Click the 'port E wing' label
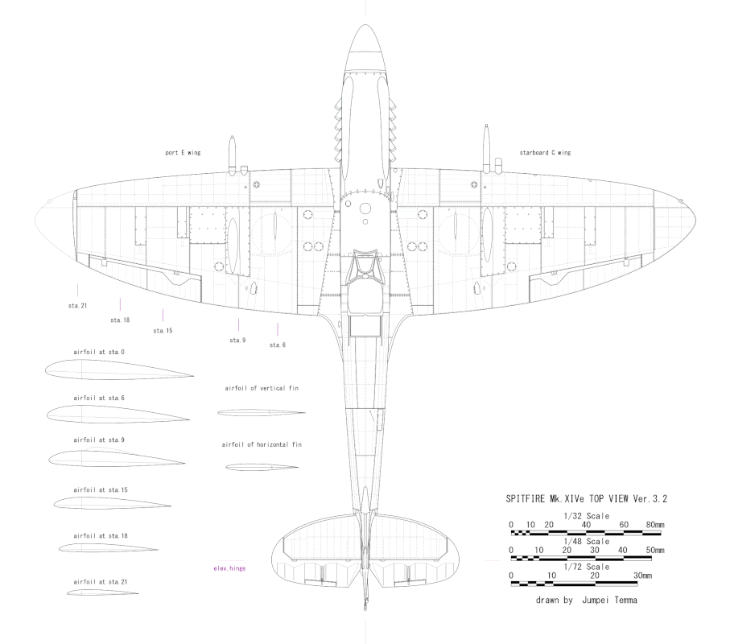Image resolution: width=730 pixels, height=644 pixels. point(183,153)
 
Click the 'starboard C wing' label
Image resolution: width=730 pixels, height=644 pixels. point(545,153)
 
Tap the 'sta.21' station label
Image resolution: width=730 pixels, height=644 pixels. point(77,306)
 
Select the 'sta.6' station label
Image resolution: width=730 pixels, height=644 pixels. point(278,345)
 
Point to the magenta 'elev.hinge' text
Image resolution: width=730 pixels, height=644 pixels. point(229,568)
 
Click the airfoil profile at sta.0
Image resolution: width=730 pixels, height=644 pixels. point(119,369)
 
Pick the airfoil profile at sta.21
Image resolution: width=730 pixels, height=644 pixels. point(102,592)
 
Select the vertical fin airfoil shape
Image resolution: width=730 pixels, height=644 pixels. point(262,413)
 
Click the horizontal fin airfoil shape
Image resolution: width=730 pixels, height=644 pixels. point(262,467)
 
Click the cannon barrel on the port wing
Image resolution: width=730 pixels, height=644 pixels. point(231,153)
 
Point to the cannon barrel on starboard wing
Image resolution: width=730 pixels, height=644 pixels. point(486,147)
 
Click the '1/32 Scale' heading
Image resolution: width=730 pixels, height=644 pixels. point(587,516)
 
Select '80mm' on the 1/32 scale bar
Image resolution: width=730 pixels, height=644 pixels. point(655,525)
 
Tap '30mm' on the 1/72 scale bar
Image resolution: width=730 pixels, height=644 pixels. point(643,576)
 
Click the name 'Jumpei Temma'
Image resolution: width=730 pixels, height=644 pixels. point(609,601)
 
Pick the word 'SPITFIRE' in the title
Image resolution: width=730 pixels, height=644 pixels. point(525,499)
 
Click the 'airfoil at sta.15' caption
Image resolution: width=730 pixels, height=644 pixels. point(101,490)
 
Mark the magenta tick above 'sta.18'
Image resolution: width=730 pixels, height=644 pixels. point(120,304)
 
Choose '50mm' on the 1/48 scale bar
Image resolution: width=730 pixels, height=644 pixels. point(655,550)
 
